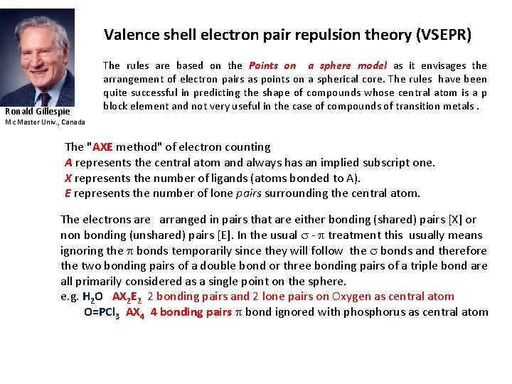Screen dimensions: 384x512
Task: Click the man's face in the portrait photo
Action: [39, 53]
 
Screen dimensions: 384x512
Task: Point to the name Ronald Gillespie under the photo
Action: [37, 112]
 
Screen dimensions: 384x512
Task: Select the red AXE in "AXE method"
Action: [102, 147]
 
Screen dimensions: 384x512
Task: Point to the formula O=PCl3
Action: [102, 312]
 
